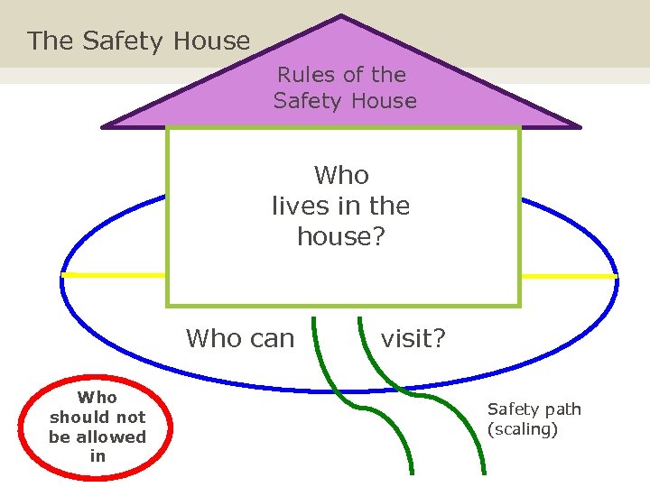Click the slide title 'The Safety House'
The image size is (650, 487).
click(139, 41)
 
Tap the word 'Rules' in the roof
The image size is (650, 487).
click(304, 75)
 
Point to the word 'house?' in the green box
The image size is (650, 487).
click(341, 236)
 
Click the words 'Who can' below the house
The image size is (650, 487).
click(240, 338)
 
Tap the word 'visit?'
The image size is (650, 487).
click(413, 338)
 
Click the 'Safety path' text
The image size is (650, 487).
click(534, 409)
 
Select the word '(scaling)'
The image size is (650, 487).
click(523, 429)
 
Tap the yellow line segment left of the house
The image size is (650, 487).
click(114, 274)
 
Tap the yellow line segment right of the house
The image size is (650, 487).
click(569, 275)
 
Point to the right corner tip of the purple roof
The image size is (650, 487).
click(579, 126)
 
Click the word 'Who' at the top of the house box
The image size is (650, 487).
click(341, 174)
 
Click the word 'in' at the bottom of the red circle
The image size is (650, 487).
click(97, 456)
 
